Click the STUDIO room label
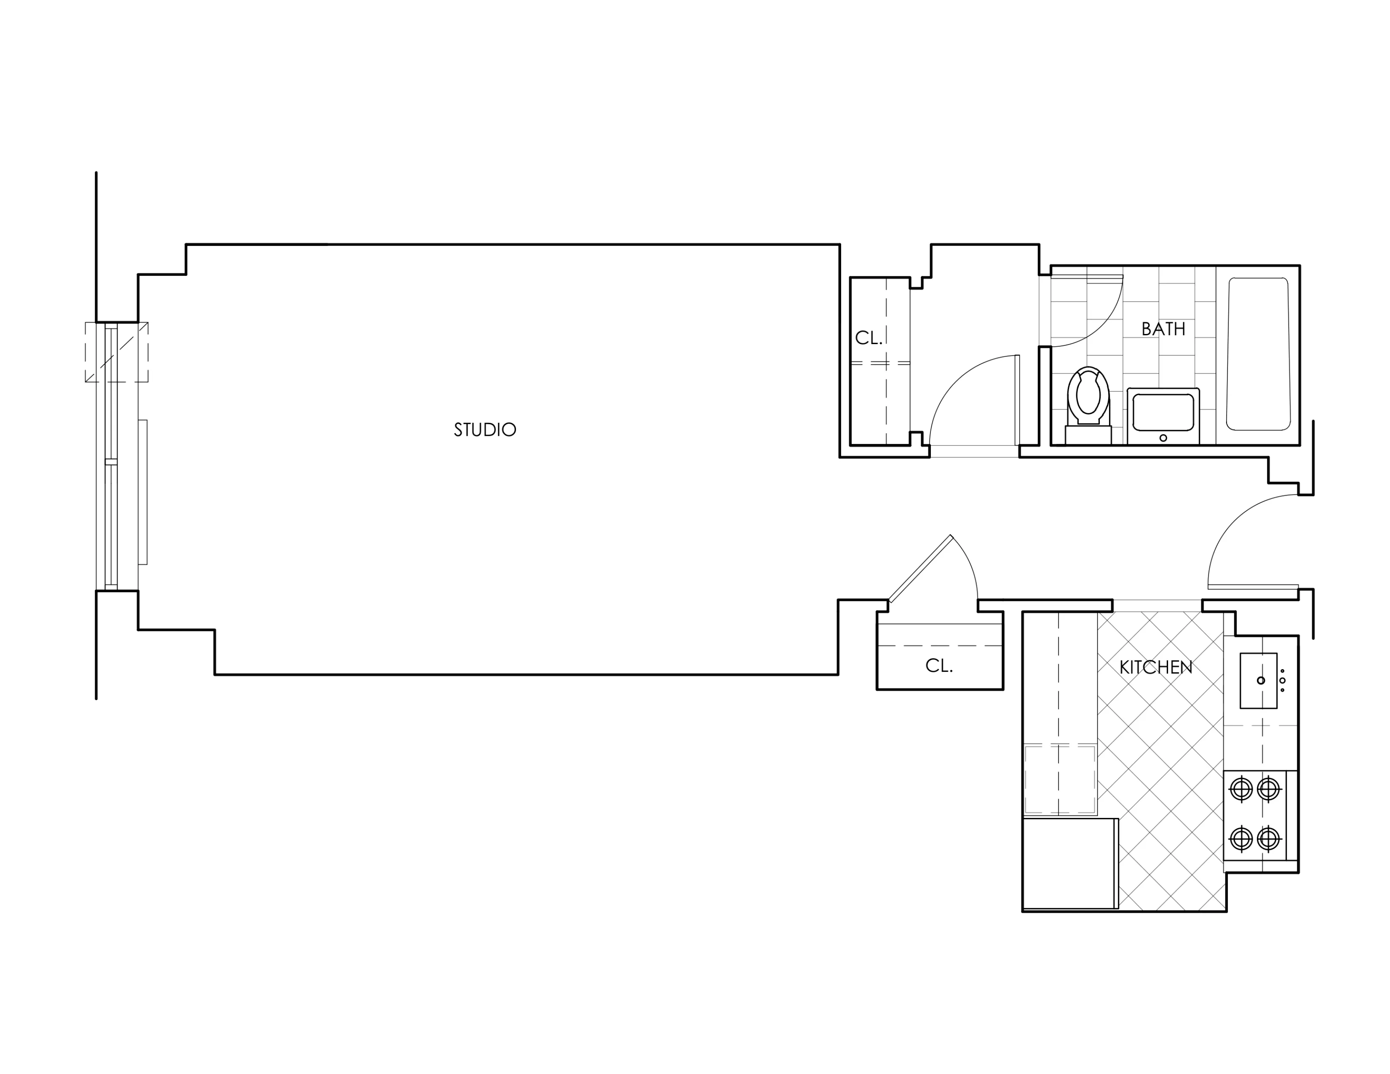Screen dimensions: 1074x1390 (484, 430)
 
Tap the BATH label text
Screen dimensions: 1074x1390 (1163, 329)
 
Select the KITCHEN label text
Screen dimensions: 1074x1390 (1155, 667)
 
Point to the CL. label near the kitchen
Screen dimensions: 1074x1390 (939, 665)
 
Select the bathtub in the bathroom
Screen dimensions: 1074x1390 (1258, 354)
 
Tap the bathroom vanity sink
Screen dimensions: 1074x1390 (1163, 412)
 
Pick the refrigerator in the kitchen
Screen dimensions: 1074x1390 (1069, 863)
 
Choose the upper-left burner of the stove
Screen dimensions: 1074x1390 (1241, 789)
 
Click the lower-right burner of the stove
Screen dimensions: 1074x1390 (1268, 839)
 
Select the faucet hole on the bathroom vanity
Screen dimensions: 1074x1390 (1163, 438)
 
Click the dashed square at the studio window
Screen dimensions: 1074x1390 (117, 352)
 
